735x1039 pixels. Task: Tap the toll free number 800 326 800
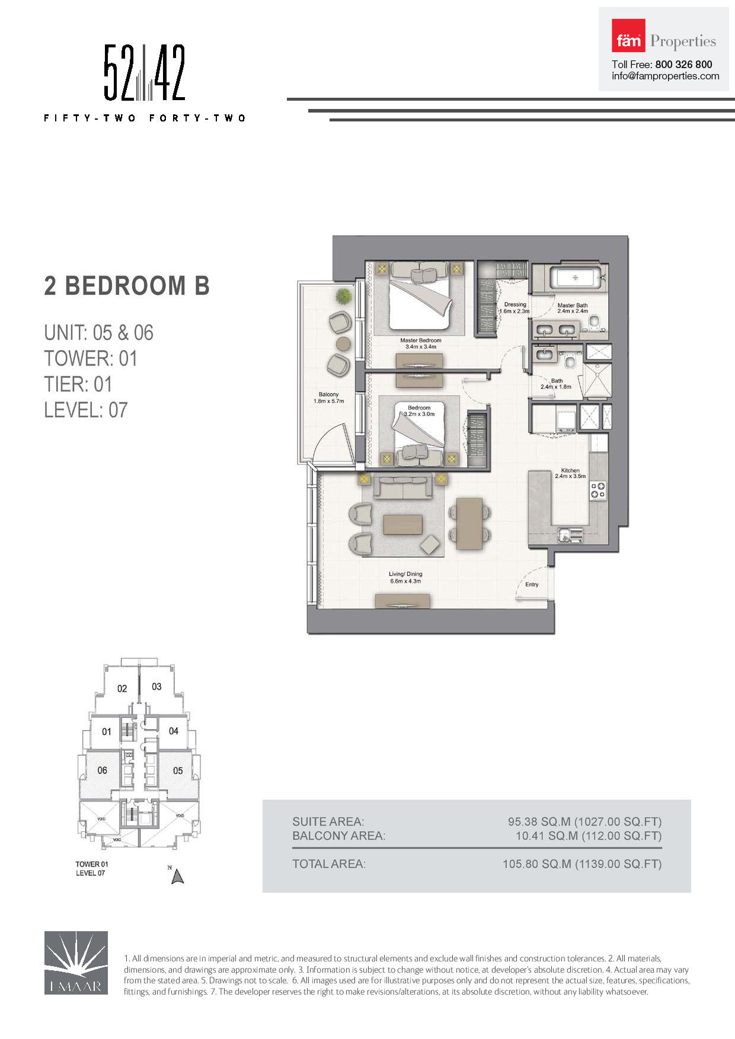683,65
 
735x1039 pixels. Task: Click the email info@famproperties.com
665,76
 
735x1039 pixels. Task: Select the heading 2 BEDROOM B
127,286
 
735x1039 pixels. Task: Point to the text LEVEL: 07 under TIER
86,410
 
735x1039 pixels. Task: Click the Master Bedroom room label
420,344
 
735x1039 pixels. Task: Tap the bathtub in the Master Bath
576,277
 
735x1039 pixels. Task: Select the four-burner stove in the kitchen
597,490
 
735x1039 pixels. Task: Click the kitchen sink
568,535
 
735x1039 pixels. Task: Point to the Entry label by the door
532,585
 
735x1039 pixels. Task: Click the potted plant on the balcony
343,296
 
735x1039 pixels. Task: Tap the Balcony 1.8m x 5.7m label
328,397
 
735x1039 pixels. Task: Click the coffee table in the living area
403,525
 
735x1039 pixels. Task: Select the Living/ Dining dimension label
405,578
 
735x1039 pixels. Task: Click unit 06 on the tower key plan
103,770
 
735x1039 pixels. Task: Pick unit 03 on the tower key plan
156,687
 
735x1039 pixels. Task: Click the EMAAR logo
76,962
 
